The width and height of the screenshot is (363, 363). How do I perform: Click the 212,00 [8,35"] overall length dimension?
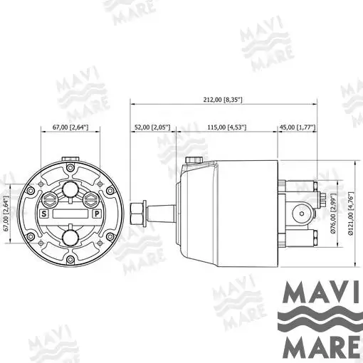click(223, 100)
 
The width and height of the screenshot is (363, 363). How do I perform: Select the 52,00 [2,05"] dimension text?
click(152, 127)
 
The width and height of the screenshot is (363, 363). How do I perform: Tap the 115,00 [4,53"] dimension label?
click(227, 127)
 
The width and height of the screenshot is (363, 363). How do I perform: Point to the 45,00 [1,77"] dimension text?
click(298, 127)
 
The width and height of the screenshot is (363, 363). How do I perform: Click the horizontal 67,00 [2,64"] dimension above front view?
click(70, 127)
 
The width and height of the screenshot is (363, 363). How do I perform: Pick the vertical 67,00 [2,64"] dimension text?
click(6, 214)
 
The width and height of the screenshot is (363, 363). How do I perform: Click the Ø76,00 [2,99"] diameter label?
click(334, 214)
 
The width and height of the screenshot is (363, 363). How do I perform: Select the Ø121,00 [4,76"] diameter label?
click(351, 214)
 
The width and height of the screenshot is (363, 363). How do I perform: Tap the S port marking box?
click(44, 214)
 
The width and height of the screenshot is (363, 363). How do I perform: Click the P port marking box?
click(97, 214)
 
